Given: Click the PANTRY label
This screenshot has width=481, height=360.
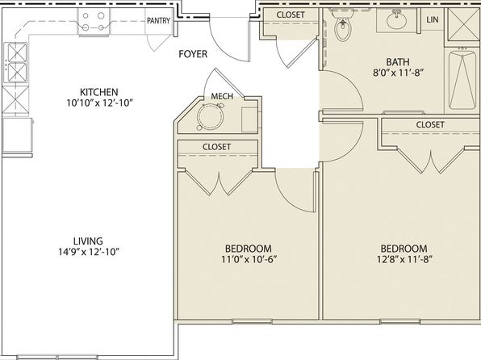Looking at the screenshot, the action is click(x=158, y=20).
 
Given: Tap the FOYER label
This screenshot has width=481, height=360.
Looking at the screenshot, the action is click(x=193, y=54).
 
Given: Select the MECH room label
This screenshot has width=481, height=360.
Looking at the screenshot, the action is click(x=222, y=96).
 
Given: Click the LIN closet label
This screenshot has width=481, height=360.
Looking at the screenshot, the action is click(x=433, y=19).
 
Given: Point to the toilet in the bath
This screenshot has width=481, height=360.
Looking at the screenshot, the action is click(x=341, y=26).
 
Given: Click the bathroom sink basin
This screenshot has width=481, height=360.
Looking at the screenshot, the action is click(x=396, y=19).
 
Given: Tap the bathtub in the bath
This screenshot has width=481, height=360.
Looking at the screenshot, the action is click(x=462, y=79).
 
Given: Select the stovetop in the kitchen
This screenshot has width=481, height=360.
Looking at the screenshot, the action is click(x=94, y=22).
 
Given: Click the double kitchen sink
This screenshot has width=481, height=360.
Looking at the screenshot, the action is click(x=16, y=63).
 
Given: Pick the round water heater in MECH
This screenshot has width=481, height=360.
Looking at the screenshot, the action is click(x=211, y=116).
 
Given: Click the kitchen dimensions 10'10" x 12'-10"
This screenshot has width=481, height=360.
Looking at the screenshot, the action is click(x=100, y=103).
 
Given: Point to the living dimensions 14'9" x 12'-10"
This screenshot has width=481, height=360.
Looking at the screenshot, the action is click(x=89, y=252).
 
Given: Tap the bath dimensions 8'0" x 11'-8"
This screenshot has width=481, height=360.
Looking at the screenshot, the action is click(x=398, y=73).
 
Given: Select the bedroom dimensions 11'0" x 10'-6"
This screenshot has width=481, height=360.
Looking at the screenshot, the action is click(x=249, y=259).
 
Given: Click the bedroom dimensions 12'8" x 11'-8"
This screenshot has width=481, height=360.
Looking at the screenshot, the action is click(x=404, y=259).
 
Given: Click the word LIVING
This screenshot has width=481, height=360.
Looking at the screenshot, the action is click(x=88, y=241).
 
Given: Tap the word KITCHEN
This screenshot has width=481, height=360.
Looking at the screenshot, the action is click(x=98, y=92).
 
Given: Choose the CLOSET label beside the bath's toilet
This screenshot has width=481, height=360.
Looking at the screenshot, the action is click(x=291, y=15).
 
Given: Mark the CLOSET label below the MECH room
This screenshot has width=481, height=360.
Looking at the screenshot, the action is click(x=216, y=147).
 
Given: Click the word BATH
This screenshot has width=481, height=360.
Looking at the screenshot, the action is click(x=398, y=62).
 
